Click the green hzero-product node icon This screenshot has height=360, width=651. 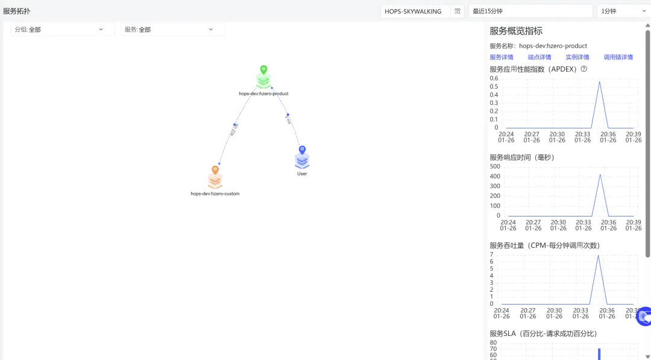click(263, 80)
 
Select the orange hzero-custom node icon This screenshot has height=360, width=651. click(215, 179)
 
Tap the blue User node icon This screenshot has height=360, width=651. click(302, 159)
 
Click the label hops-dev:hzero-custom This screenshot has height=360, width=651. click(215, 194)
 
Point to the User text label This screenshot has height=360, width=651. click(302, 174)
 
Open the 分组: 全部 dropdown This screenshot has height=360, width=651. click(63, 30)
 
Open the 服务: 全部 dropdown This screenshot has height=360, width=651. click(172, 30)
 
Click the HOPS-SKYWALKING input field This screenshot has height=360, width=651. click(415, 11)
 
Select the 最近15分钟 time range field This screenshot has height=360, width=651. click(530, 11)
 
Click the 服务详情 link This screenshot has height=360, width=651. click(502, 57)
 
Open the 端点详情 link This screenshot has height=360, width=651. click(539, 57)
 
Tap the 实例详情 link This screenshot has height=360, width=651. click(577, 57)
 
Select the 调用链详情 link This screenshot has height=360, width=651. click(618, 57)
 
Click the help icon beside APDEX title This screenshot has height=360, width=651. click(584, 69)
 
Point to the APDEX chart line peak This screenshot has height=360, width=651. click(600, 82)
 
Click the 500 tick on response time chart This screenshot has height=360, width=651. click(495, 166)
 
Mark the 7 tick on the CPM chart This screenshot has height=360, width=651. click(492, 254)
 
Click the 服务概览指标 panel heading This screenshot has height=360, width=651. click(516, 31)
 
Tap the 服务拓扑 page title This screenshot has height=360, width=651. click(17, 11)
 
